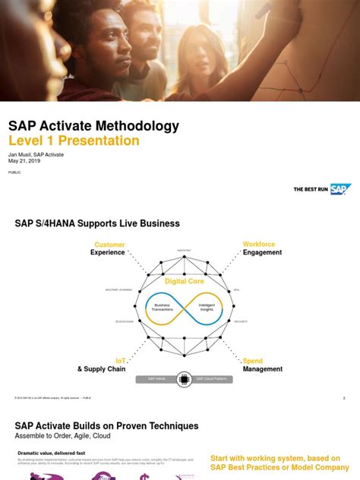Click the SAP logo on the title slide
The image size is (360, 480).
pyautogui.click(x=340, y=189)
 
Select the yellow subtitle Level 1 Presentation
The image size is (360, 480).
pyautogui.click(x=74, y=141)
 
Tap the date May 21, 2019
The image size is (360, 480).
pyautogui.click(x=24, y=160)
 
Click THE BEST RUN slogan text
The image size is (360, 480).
pyautogui.click(x=311, y=189)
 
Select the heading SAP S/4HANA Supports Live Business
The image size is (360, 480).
pyautogui.click(x=97, y=223)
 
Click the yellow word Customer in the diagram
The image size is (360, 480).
pyautogui.click(x=109, y=245)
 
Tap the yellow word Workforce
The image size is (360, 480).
pyautogui.click(x=259, y=245)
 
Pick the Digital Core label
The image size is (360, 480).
pyautogui.click(x=185, y=281)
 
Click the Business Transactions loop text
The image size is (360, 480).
pyautogui.click(x=163, y=307)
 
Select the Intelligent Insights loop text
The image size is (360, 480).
pyautogui.click(x=207, y=307)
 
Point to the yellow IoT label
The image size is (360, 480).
pyautogui.click(x=120, y=361)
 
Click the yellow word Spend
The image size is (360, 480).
pyautogui.click(x=253, y=361)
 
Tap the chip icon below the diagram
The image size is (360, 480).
pyautogui.click(x=184, y=378)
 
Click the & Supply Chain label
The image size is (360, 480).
pyautogui.click(x=101, y=369)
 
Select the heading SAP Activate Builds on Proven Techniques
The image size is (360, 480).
pyautogui.click(x=106, y=426)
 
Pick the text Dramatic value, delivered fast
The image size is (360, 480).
pyautogui.click(x=49, y=453)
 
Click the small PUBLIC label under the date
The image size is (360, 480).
pyautogui.click(x=14, y=172)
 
